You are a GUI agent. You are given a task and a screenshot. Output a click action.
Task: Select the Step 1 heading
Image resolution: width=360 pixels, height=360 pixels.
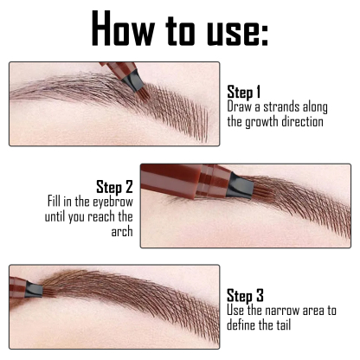click(x=244, y=92)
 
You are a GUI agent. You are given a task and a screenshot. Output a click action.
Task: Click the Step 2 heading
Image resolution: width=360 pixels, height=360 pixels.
click(x=114, y=186)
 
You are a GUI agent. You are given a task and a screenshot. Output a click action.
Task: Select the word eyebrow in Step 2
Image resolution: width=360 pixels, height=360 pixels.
click(x=111, y=202)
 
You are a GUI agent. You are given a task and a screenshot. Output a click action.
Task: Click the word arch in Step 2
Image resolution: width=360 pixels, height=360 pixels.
click(x=121, y=232)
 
